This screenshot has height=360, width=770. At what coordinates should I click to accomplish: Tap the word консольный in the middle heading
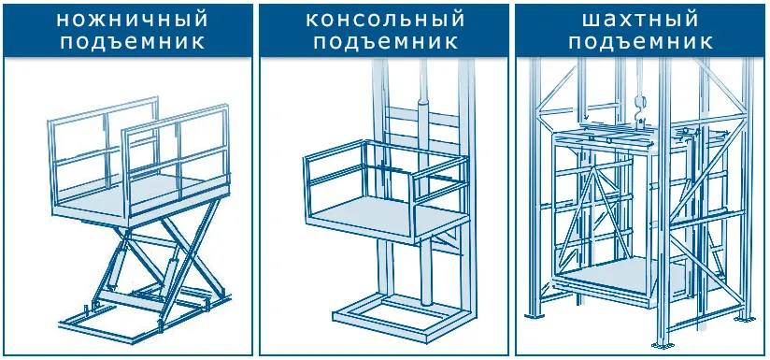click(384, 20)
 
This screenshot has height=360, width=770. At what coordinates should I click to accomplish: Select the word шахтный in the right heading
click(640, 20)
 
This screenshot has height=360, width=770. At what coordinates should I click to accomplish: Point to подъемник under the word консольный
click(384, 43)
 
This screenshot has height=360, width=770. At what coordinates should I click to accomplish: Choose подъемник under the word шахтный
click(640, 43)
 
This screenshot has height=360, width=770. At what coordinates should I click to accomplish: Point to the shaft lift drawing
click(640, 206)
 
